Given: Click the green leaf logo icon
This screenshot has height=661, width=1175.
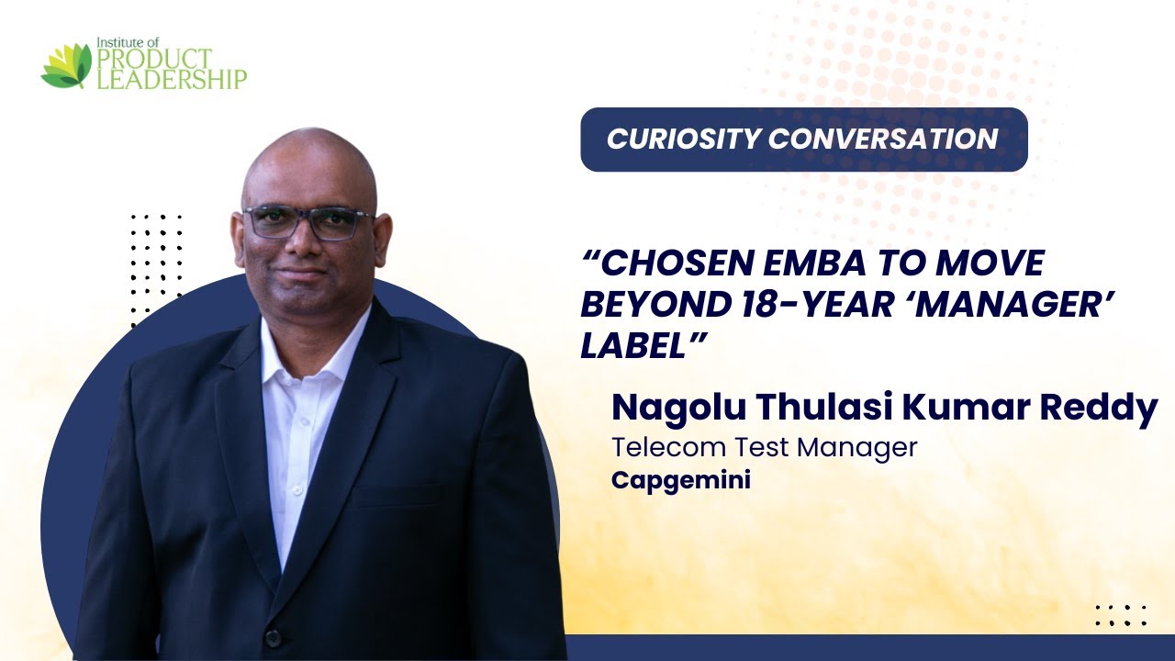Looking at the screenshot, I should [67, 66].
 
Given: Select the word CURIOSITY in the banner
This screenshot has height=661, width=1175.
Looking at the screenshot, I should [683, 139].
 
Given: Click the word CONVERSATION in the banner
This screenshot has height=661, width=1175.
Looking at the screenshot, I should [883, 139].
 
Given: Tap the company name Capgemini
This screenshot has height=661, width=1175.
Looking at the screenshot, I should [680, 480].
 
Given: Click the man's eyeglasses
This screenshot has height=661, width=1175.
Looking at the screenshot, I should [308, 222].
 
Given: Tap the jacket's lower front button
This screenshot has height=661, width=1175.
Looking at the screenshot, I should [272, 636].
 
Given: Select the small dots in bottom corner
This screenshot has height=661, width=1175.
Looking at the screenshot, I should [1121, 615].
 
